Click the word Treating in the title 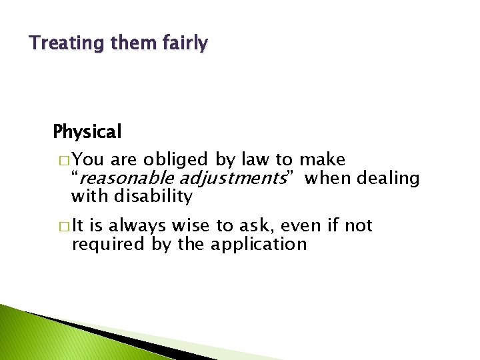pyautogui.click(x=57, y=44)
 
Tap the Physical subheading pyautogui.click(x=87, y=132)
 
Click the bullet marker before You pyautogui.click(x=62, y=161)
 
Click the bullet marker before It pyautogui.click(x=62, y=227)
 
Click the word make pyautogui.click(x=322, y=160)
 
